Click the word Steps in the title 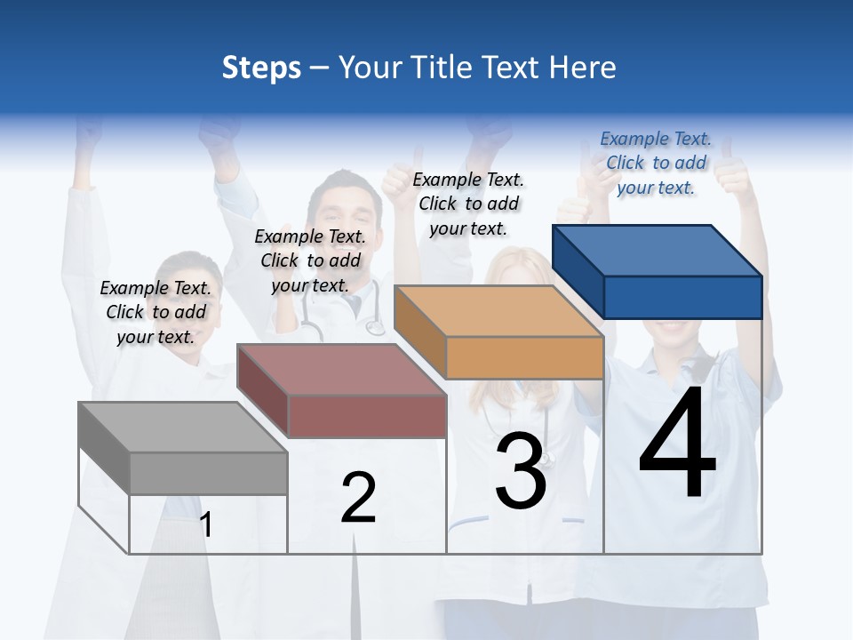coord(261,68)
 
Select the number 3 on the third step coord(521,470)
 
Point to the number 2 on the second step coord(358,499)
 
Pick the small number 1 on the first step coord(206,524)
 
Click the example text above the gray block coord(155,312)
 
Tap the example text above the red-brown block coord(310,260)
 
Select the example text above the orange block coord(468,204)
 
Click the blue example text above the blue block coord(656,163)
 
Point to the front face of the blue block coord(682,297)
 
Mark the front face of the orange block coord(524,357)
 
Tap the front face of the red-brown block coord(367,416)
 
